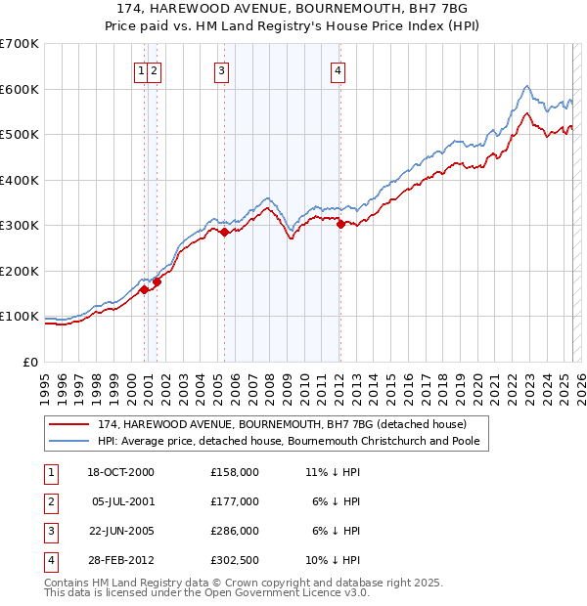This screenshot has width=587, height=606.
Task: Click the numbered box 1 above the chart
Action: point(143,70)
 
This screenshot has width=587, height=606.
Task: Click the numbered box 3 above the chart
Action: point(222,70)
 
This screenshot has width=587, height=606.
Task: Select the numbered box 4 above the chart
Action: point(337,70)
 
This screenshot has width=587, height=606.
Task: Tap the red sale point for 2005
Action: point(224,233)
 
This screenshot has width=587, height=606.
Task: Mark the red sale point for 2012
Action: point(340,225)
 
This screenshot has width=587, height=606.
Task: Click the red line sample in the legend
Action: point(68,424)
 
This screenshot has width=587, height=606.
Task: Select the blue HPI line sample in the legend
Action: point(68,441)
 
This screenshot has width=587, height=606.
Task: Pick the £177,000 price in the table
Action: point(235,501)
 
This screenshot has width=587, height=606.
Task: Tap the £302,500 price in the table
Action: point(235,560)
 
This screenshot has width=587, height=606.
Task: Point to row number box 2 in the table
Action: point(50,501)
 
